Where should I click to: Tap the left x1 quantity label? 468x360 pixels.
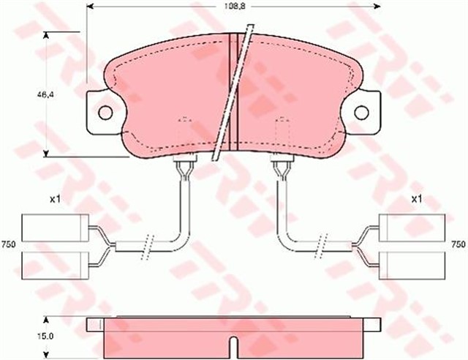[x=54, y=199]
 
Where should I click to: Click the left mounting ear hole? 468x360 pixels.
[x=105, y=113]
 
